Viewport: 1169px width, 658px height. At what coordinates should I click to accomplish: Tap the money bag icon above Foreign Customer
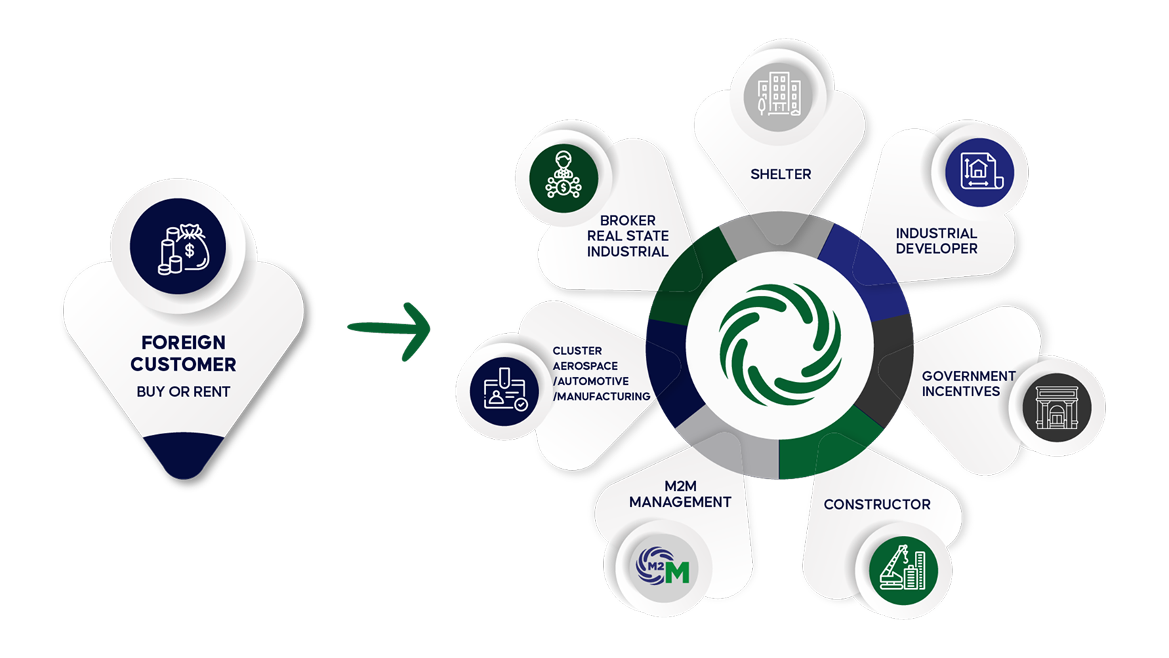pyautogui.click(x=178, y=246)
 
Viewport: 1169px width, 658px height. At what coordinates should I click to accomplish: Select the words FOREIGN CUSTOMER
pyautogui.click(x=183, y=353)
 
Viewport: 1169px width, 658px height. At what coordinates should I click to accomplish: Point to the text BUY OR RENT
pyautogui.click(x=183, y=391)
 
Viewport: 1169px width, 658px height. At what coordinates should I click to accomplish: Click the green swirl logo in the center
pyautogui.click(x=780, y=344)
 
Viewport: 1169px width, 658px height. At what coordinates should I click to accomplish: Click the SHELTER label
pyautogui.click(x=780, y=174)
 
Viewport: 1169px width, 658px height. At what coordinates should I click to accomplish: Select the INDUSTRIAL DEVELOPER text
pyautogui.click(x=936, y=241)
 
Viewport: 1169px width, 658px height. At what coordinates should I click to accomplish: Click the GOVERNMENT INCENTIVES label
pyautogui.click(x=968, y=383)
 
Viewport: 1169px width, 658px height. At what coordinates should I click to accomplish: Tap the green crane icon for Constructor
pyautogui.click(x=903, y=569)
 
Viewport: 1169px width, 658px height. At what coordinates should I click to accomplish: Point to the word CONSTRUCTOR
pyautogui.click(x=877, y=505)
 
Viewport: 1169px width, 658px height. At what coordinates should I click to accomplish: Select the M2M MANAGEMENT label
pyautogui.click(x=680, y=495)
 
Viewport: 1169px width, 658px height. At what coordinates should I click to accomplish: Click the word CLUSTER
pyautogui.click(x=577, y=351)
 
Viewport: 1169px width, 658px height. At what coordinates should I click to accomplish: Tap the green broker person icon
pyautogui.click(x=563, y=178)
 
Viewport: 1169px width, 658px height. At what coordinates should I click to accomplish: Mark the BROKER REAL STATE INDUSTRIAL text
pyautogui.click(x=628, y=236)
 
